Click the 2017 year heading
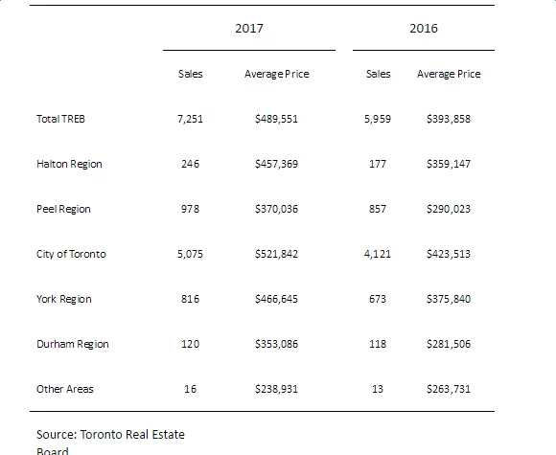click(249, 29)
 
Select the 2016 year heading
click(424, 29)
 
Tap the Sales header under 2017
click(191, 74)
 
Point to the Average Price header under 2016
click(449, 74)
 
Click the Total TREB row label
click(60, 119)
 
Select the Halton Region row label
click(69, 164)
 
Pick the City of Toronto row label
click(71, 254)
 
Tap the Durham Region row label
click(73, 344)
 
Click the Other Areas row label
click(65, 389)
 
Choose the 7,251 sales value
click(191, 119)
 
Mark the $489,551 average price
click(277, 119)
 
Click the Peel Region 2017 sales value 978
click(191, 209)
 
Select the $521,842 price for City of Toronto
click(277, 254)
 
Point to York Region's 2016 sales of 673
click(378, 299)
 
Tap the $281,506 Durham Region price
click(449, 344)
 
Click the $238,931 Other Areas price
click(277, 389)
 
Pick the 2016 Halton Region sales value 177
click(378, 164)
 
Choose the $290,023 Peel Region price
click(449, 209)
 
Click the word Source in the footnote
click(57, 435)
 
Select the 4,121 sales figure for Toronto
click(378, 254)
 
